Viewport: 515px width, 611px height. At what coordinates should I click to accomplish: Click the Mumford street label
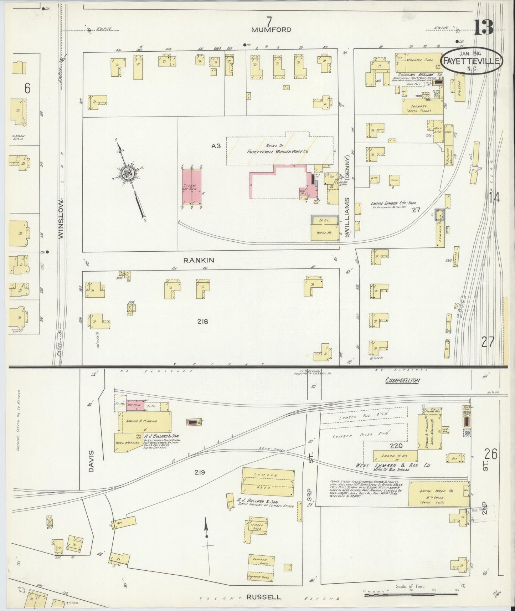point(271,30)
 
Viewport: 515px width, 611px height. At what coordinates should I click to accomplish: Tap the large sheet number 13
point(483,27)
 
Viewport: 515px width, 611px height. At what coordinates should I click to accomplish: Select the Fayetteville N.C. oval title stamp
point(472,61)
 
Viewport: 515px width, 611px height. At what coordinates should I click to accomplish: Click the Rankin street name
point(199,260)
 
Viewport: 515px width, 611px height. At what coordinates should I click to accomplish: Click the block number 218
point(202,322)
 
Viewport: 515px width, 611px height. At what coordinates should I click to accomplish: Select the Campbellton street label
point(402,380)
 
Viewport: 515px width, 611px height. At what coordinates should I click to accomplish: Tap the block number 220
point(396,446)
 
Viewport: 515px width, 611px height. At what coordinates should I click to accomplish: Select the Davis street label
point(91,461)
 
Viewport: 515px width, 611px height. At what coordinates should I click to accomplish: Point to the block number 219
point(200,473)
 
